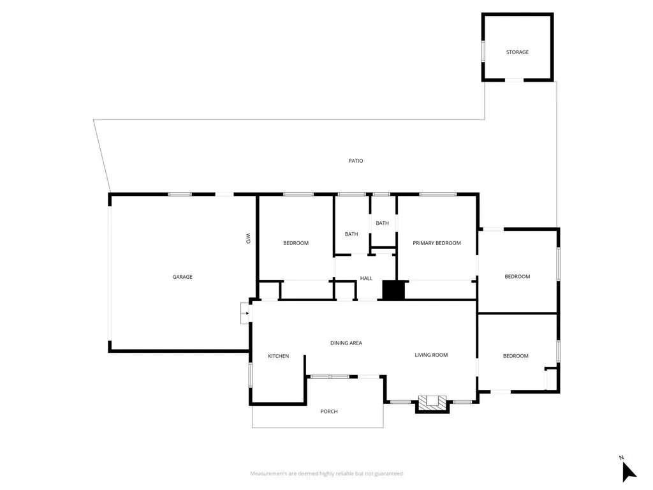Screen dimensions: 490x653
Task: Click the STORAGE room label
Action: (517, 52)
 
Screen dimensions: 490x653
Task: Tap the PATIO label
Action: (356, 161)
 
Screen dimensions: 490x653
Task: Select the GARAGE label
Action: (182, 277)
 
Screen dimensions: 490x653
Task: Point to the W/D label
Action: (248, 239)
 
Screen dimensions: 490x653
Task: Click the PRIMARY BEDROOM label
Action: (437, 243)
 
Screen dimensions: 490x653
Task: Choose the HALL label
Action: (366, 278)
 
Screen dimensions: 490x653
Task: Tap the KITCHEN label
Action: (278, 356)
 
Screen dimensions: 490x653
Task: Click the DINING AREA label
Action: (346, 343)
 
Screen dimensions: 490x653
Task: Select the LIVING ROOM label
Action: (431, 355)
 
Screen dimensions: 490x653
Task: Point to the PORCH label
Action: (329, 412)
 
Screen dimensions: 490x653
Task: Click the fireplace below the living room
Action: (432, 403)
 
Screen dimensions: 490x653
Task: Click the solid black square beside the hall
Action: (393, 290)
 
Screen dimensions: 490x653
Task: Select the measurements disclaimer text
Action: (326, 473)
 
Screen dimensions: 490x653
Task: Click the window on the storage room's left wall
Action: (483, 51)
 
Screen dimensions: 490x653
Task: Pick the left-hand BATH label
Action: (351, 234)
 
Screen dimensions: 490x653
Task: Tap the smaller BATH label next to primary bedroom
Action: (382, 223)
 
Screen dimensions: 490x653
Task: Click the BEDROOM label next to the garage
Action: (296, 243)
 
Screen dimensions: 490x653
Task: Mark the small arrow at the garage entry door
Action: (245, 313)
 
